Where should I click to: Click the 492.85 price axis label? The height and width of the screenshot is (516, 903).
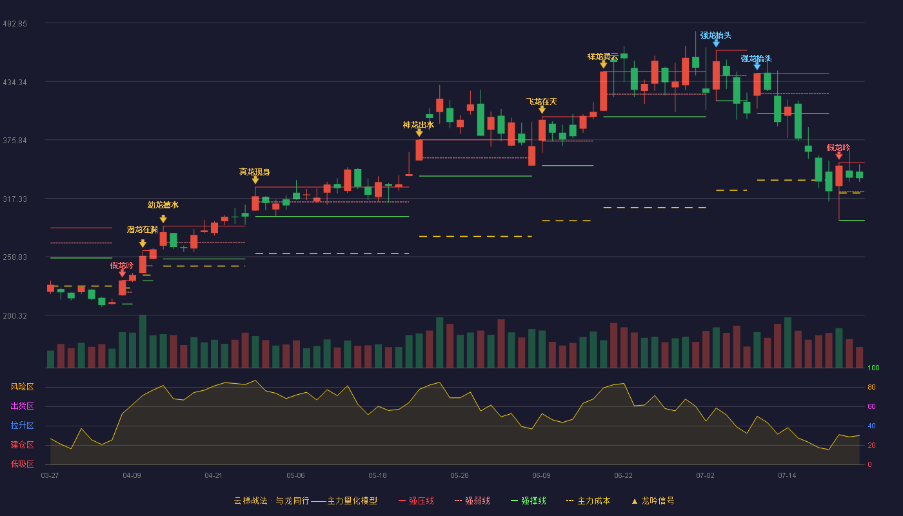(15, 24)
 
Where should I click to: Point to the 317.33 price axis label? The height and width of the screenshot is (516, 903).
(15, 199)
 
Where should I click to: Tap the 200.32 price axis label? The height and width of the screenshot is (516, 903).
(15, 316)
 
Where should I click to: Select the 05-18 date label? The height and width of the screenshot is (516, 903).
(377, 476)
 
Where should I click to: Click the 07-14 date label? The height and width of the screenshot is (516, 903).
(787, 476)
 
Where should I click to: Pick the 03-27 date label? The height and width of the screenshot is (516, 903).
(50, 476)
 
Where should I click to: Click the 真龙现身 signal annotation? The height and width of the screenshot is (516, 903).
(254, 172)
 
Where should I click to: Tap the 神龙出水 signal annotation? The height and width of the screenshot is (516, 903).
(419, 125)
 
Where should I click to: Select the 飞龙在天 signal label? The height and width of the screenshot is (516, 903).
(541, 102)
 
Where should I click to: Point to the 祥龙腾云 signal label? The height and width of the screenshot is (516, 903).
(602, 57)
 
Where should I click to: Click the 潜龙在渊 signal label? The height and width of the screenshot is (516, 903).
(143, 230)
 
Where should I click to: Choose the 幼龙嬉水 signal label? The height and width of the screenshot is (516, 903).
(163, 205)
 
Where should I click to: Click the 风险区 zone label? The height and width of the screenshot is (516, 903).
(22, 387)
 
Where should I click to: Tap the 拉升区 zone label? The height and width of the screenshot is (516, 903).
(22, 426)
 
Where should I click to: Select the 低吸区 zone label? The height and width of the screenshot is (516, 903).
(22, 464)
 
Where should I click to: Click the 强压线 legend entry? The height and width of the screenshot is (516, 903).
(416, 501)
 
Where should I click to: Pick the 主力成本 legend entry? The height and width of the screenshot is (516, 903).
(588, 501)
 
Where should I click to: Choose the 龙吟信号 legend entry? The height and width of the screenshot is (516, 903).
(653, 501)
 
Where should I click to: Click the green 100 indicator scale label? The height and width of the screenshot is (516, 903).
(873, 368)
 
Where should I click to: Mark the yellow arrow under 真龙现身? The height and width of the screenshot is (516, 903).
(255, 180)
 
